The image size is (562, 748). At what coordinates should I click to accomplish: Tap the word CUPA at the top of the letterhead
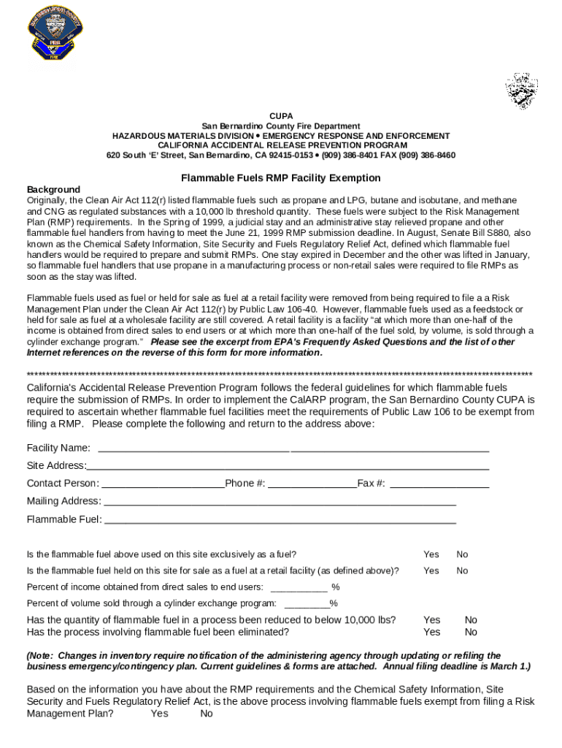(281, 116)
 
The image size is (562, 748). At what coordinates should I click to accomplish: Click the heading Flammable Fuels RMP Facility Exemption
(281, 178)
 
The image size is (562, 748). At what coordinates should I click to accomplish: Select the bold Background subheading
(53, 189)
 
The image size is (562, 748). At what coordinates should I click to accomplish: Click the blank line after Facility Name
(293, 449)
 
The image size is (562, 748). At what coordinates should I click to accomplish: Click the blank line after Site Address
(288, 466)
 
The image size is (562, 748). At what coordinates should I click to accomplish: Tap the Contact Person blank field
(162, 484)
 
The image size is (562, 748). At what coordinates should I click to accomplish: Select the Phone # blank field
(312, 484)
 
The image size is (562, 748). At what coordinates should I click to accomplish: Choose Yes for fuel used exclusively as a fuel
(431, 554)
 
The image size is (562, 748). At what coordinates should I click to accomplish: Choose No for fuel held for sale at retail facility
(462, 570)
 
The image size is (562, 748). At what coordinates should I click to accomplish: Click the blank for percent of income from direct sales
(299, 587)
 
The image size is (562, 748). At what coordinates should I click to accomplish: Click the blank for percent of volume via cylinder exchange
(306, 603)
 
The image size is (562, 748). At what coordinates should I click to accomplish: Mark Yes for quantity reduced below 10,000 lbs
(432, 620)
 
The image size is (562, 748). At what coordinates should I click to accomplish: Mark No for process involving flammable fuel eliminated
(471, 632)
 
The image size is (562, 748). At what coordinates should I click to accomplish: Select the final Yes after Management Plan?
(159, 714)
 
